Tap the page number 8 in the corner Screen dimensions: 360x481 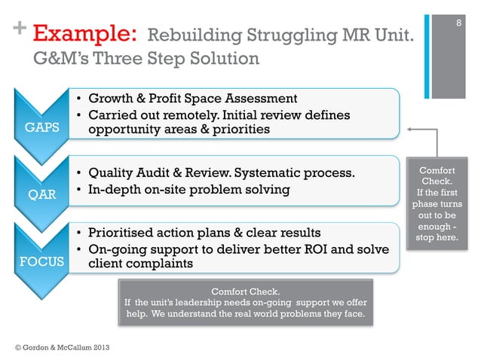point(456,24)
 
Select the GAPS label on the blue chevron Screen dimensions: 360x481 point(42,127)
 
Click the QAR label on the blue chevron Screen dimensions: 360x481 point(42,194)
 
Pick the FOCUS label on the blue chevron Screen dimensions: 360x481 point(42,263)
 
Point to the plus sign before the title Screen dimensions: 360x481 point(17,30)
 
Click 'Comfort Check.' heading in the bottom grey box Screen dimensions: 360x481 point(245,291)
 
